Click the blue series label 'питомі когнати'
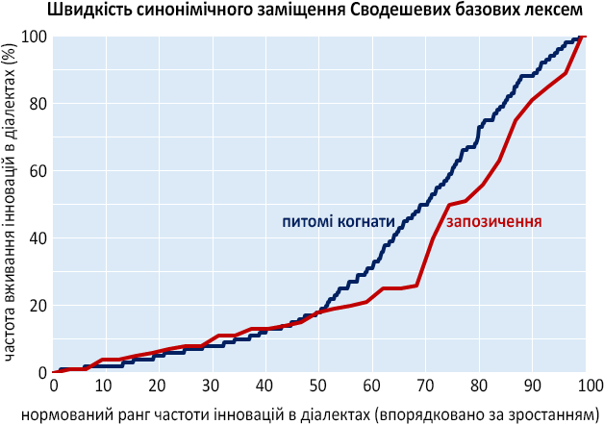point(339,221)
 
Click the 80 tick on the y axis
point(37,104)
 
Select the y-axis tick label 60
point(37,171)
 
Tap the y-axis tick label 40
point(37,238)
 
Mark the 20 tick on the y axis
point(37,306)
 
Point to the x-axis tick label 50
point(318,385)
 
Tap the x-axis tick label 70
point(425,385)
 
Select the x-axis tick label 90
point(532,385)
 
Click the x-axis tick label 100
point(583,385)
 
